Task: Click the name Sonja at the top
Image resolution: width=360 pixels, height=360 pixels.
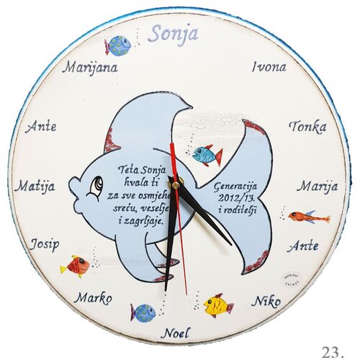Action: pos(174,35)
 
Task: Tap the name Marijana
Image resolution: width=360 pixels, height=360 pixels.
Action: pos(90,68)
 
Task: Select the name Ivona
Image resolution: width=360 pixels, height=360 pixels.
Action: pos(269,67)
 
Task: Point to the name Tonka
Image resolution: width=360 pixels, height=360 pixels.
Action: pos(308,127)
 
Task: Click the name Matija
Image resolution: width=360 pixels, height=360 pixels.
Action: pos(35,186)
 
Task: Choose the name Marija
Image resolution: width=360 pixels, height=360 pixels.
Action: pos(318,186)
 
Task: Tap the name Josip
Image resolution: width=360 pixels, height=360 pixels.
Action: pos(45,244)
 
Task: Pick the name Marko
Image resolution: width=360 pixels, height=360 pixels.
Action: pos(93,298)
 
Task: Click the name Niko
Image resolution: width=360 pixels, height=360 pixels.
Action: pos(266,302)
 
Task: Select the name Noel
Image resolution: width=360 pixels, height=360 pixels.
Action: pos(176,333)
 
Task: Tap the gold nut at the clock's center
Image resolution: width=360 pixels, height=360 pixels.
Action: pos(176,184)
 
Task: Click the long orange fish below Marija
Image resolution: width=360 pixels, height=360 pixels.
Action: pos(309,217)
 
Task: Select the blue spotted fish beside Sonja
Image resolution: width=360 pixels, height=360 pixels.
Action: pos(117,45)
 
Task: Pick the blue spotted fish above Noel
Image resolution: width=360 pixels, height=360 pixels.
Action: pos(143,313)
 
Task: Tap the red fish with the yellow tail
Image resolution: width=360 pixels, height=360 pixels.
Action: pos(75,266)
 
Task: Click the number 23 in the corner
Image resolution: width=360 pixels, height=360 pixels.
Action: pos(332,352)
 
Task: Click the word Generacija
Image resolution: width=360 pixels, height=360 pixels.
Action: pos(235,186)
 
